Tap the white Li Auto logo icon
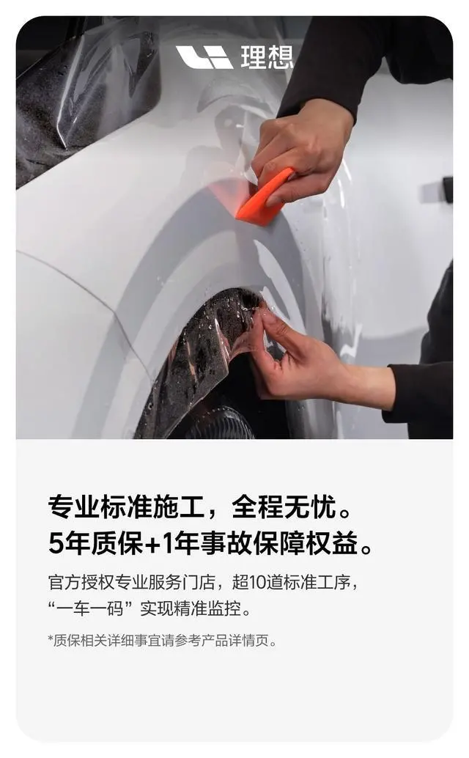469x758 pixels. (204, 57)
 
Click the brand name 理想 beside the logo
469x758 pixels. (267, 57)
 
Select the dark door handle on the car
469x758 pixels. (448, 189)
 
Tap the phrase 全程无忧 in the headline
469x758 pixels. (284, 507)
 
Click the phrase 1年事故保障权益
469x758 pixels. (260, 543)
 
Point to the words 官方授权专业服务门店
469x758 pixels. (131, 582)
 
